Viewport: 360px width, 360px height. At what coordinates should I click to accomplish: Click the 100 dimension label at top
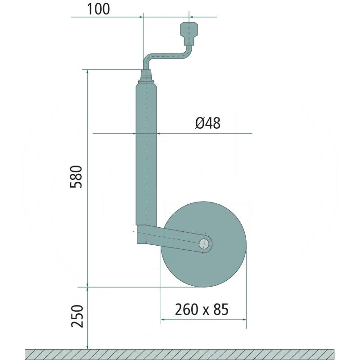tap(98, 9)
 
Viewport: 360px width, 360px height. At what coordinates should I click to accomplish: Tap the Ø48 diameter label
tap(208, 123)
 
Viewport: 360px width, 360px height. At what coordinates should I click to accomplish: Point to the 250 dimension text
tap(77, 316)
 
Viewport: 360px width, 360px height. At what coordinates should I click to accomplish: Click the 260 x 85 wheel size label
tap(202, 309)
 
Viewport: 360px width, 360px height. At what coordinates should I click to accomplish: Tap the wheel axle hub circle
tap(205, 244)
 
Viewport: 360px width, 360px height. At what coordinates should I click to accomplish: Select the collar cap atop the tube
tap(146, 76)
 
